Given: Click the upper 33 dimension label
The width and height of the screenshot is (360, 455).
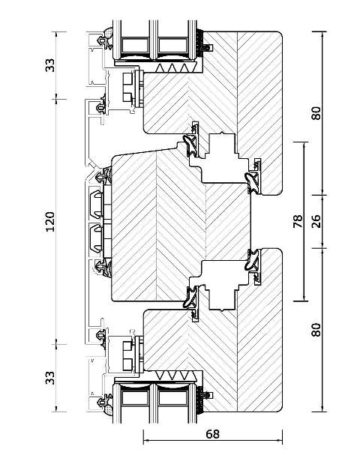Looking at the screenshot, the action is click(x=50, y=65).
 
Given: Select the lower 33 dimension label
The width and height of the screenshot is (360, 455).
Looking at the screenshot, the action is click(x=50, y=378).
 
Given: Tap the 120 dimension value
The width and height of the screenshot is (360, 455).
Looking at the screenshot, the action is click(x=50, y=222).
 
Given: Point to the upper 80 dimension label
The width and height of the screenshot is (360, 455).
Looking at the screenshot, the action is click(x=316, y=113).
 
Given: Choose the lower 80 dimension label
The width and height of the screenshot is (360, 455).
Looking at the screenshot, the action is click(x=316, y=330).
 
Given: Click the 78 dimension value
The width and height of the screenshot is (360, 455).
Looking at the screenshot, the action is click(x=298, y=221).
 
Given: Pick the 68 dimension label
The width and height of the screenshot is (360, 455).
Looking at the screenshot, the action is click(x=213, y=434).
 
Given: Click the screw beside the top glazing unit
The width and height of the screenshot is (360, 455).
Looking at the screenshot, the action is click(x=208, y=47).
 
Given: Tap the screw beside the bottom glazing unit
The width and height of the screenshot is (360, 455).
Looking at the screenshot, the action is click(x=208, y=395).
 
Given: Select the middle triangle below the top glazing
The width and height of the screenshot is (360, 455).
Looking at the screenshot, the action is click(x=172, y=68).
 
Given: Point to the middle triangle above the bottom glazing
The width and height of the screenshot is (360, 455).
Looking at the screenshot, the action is click(x=172, y=375).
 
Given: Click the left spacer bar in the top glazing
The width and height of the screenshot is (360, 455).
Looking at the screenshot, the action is click(x=135, y=45).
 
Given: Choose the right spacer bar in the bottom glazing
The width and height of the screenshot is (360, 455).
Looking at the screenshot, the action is click(x=172, y=398).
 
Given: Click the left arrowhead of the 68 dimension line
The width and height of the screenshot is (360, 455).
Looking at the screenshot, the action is click(x=146, y=441).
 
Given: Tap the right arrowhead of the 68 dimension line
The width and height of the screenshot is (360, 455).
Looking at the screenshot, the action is click(x=280, y=441).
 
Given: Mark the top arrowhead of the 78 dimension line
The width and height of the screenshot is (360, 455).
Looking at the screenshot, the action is click(x=304, y=145).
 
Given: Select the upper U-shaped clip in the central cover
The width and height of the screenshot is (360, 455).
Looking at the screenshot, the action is click(x=97, y=204).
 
